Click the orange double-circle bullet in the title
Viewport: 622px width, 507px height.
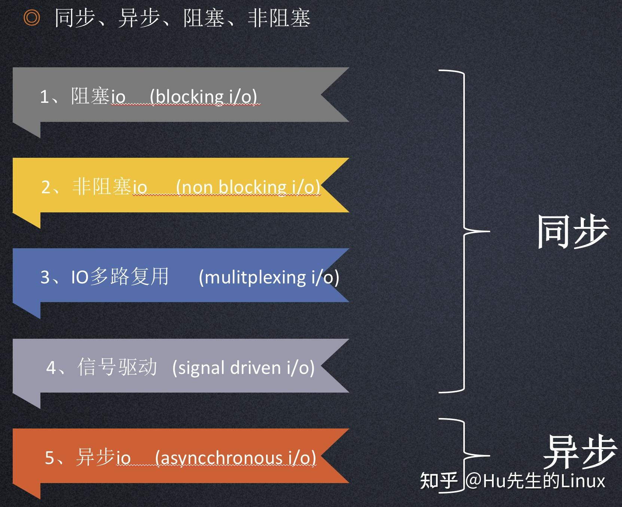(x=31, y=18)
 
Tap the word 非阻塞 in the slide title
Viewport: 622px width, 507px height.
(x=279, y=18)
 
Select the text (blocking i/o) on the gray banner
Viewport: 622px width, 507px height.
(x=204, y=96)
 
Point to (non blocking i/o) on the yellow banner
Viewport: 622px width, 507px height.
(x=248, y=187)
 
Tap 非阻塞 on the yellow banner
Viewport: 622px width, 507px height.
(x=101, y=187)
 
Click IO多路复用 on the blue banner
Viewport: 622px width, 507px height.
(x=120, y=277)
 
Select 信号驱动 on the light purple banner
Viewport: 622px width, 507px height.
(x=117, y=367)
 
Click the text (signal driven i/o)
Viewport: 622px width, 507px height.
(x=243, y=368)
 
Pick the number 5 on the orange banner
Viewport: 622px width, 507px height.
(x=50, y=458)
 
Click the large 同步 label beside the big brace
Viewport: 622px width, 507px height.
(x=573, y=232)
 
